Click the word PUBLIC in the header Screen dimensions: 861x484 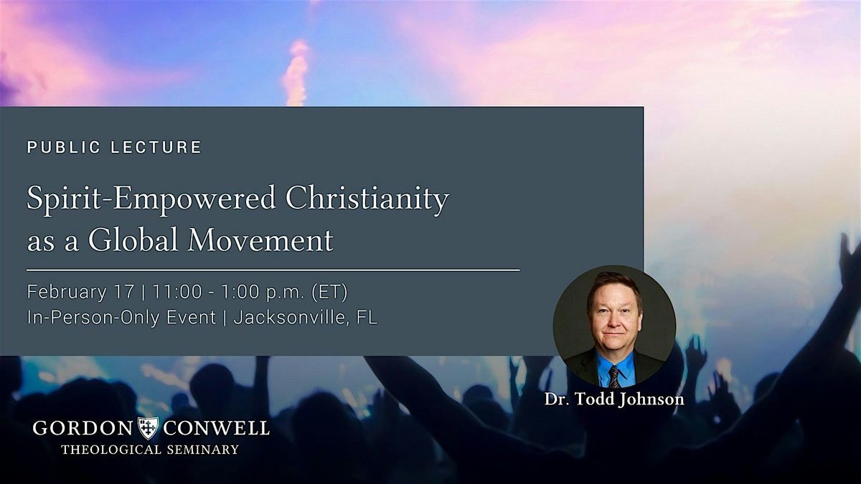pos(63,147)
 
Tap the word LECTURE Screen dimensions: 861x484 pos(156,147)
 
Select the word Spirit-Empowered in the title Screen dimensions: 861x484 pos(151,199)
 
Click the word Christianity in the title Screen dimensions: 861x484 pos(367,199)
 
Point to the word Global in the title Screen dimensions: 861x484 pos(133,239)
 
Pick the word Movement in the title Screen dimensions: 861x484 pos(260,240)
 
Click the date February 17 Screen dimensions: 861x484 pos(80,292)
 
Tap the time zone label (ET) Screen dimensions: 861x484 pos(329,292)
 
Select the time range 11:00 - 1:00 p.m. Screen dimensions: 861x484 pos(229,292)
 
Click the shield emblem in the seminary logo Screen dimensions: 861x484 pos(148,428)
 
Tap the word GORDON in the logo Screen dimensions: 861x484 pos(83,428)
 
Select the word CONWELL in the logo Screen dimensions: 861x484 pos(217,428)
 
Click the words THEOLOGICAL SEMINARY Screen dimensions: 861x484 pos(150,450)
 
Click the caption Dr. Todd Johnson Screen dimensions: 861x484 pos(614,399)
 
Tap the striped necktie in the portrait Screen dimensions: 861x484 pos(614,376)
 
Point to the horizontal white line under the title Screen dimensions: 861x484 pos(273,270)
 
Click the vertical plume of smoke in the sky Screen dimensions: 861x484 pos(296,71)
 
